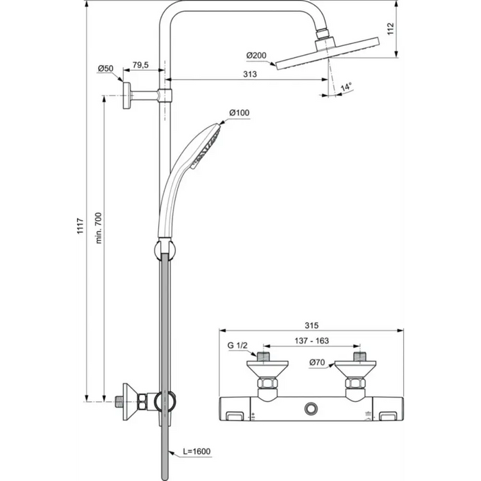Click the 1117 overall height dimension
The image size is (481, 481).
pos(80,226)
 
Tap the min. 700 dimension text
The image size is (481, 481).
pos(98,228)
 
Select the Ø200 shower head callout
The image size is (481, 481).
pos(256,56)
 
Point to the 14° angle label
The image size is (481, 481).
pos(346,87)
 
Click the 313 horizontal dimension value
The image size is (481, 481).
pos(250,74)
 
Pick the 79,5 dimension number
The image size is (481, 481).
pos(140,65)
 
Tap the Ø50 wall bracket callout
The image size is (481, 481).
pos(106,69)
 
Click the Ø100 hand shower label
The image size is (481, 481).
pos(239,113)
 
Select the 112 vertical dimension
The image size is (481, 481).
pos(390,29)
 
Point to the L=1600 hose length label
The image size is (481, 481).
pos(197,451)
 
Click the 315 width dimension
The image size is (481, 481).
pos(311,325)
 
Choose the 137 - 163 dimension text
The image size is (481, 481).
pos(312,341)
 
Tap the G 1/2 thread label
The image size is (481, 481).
pos(237,346)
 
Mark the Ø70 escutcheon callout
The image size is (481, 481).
pos(317,362)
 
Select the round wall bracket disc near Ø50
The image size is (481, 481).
pos(127,96)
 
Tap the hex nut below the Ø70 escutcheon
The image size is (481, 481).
pos(355,383)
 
